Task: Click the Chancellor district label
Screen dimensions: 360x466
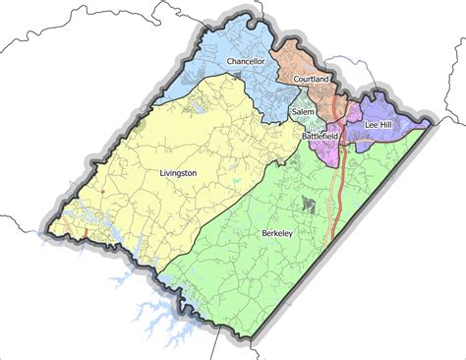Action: (246, 62)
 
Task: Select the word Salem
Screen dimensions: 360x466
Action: (303, 113)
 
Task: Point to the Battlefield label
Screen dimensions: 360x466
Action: (320, 135)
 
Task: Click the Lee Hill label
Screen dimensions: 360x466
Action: (380, 126)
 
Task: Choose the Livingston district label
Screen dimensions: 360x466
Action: (178, 173)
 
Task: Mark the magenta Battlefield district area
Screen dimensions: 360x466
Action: (324, 150)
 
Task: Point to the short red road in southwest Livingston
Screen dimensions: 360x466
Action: (86, 234)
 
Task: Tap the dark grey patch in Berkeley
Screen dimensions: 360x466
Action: (311, 205)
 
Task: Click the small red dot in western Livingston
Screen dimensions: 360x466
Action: (101, 190)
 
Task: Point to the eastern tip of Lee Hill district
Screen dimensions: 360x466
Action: (428, 124)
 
